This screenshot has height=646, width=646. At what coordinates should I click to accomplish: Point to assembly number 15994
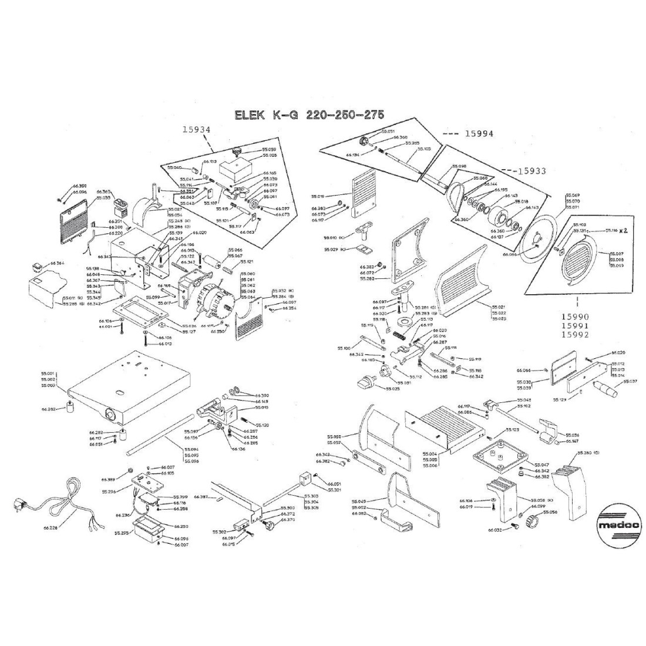(479, 133)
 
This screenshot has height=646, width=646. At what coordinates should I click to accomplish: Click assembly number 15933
(532, 171)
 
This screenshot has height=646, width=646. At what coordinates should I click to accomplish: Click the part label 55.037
(630, 382)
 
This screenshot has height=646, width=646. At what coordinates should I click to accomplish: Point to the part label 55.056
(551, 512)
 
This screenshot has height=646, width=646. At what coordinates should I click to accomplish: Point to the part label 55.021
(498, 307)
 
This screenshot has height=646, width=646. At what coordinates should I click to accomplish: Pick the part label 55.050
(333, 437)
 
